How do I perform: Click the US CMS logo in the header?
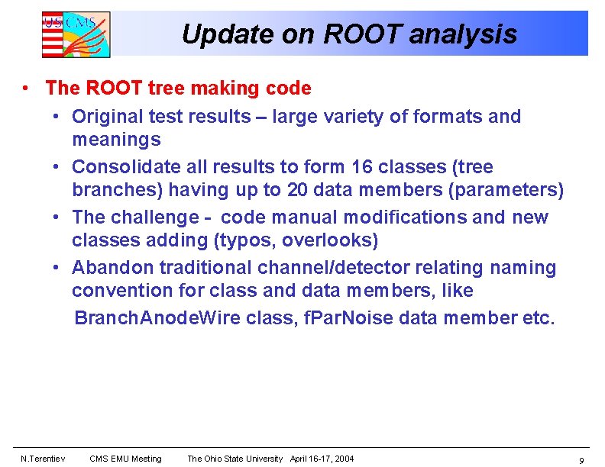pos(76,34)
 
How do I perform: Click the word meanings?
pos(116,140)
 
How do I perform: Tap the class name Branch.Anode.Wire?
pos(157,318)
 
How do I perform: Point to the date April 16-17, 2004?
pos(322,459)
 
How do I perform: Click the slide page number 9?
pos(581,460)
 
